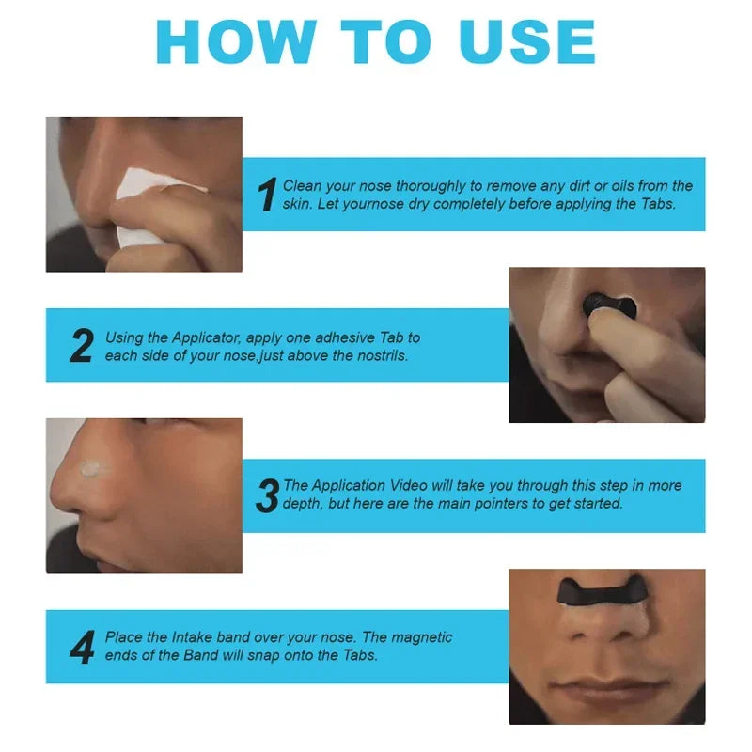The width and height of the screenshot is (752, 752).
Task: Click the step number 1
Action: coord(267,194)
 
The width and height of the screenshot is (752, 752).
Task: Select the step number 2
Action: coord(82,346)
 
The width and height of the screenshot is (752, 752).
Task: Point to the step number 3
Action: coord(268,495)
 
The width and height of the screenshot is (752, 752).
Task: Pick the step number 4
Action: coord(82,647)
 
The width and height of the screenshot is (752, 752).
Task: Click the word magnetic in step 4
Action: coord(421,637)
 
